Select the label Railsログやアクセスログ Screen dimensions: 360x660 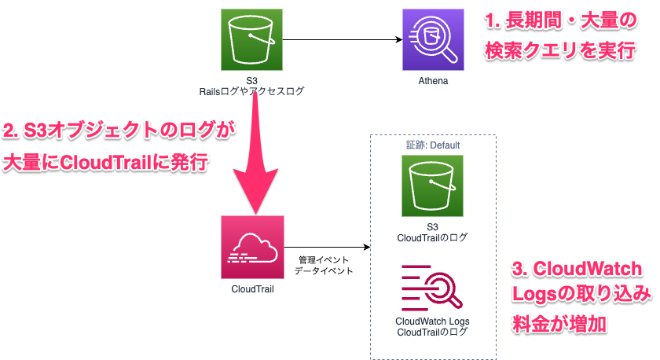251,92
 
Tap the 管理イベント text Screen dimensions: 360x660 323,259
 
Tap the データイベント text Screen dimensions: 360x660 323,270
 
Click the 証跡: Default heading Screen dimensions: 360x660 432,145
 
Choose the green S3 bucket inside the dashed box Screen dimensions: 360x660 432,186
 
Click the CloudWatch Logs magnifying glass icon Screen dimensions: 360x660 432,288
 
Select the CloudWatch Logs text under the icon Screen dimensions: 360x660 432,321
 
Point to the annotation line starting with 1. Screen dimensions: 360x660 563,17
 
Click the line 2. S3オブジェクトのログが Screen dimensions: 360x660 114,130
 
